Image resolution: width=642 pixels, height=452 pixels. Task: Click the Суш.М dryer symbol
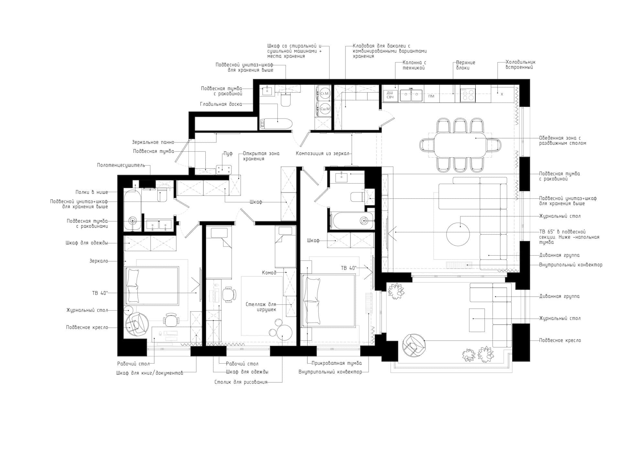325,109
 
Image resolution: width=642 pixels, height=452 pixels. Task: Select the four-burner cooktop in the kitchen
467,94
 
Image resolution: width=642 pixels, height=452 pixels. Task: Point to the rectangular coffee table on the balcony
477,320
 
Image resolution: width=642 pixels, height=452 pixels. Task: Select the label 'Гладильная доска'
221,104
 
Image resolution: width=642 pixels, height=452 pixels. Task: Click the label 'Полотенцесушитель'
121,165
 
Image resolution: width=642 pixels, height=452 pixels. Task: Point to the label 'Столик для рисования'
241,382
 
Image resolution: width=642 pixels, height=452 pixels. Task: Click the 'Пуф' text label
228,154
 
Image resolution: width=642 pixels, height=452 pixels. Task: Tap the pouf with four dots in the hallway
224,169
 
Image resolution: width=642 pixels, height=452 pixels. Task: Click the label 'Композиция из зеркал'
322,154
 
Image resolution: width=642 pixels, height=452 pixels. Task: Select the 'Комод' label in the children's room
269,273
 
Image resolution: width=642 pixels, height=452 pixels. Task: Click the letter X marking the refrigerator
502,94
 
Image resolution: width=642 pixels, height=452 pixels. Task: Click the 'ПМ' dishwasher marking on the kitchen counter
431,96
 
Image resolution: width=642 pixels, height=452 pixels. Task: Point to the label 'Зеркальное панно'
153,142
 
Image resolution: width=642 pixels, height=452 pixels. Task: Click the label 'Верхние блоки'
465,65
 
